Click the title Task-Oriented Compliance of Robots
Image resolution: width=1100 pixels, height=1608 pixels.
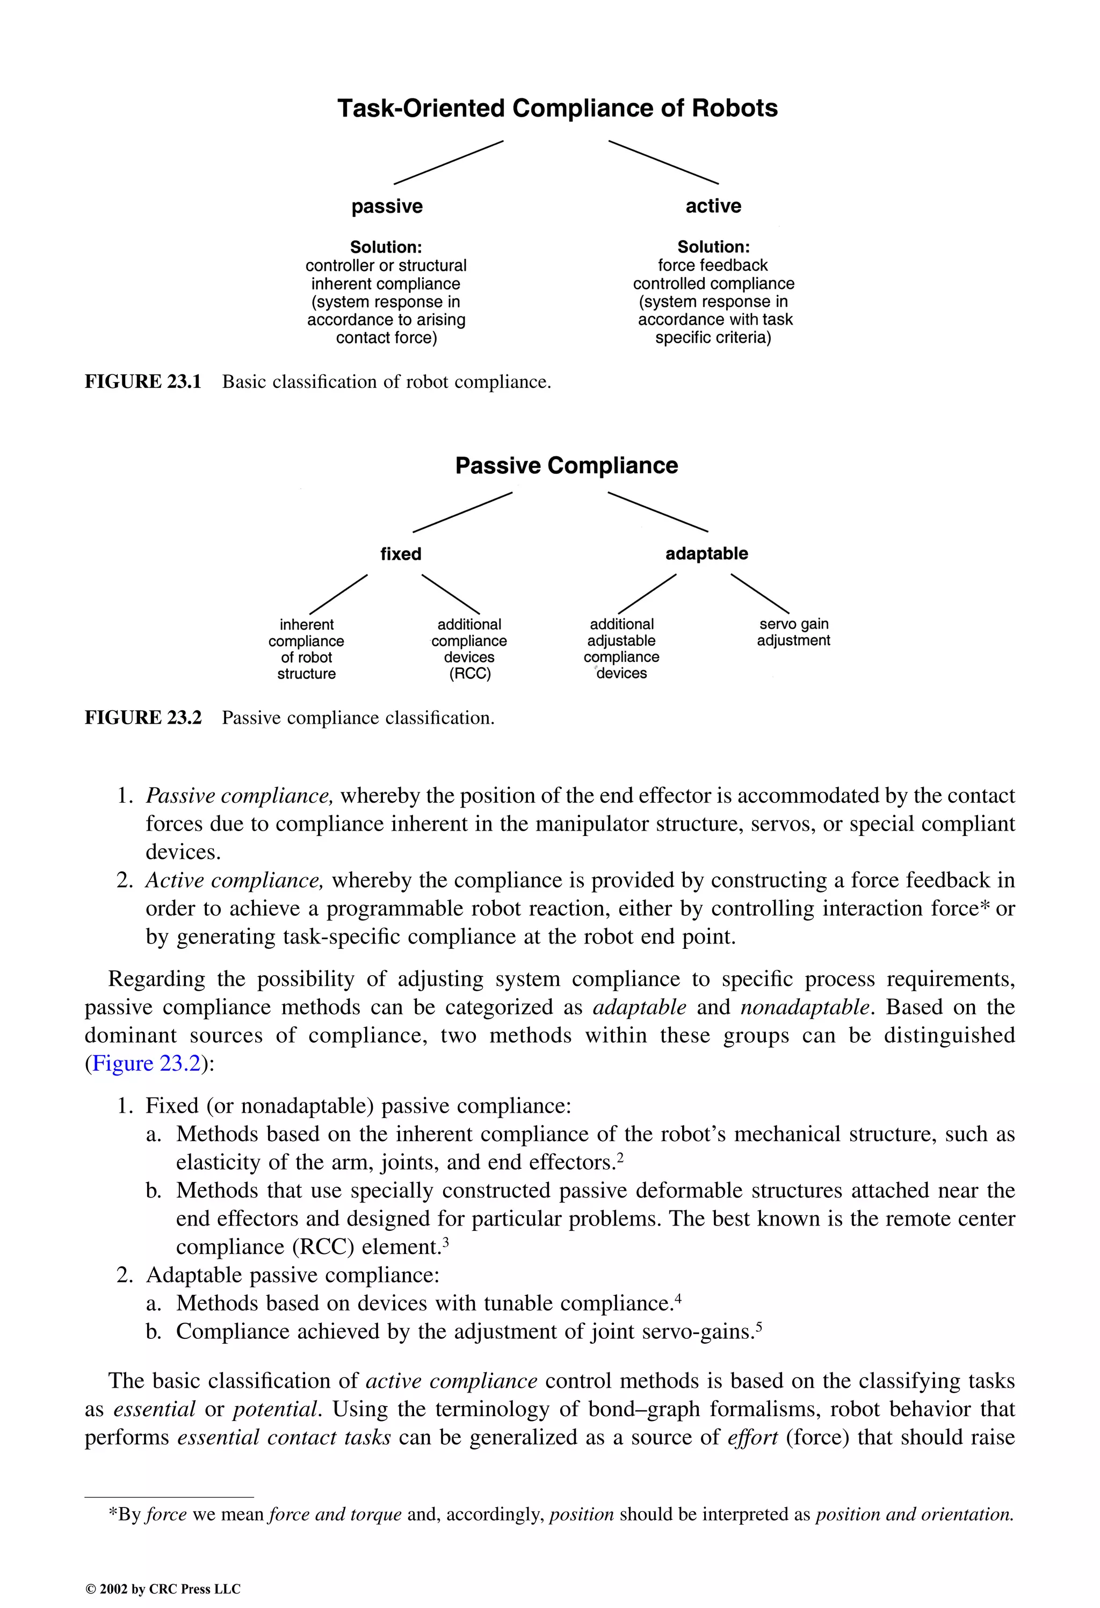[557, 109]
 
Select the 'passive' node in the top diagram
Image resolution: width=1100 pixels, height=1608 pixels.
[387, 206]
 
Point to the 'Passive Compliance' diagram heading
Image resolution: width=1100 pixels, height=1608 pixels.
[566, 466]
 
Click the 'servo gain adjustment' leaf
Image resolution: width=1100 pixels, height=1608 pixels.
[793, 632]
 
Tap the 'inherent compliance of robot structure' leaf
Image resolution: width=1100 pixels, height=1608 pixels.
[307, 648]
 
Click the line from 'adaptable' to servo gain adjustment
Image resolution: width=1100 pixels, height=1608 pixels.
[759, 593]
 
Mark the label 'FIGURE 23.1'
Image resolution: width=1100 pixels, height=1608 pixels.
[142, 382]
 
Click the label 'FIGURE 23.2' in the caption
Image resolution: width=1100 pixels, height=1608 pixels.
[142, 718]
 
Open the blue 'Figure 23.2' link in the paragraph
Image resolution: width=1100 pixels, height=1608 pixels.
[146, 1063]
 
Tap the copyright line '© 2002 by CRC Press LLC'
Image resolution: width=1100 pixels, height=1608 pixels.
[163, 1589]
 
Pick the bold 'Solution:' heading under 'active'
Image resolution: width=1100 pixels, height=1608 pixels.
[713, 247]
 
